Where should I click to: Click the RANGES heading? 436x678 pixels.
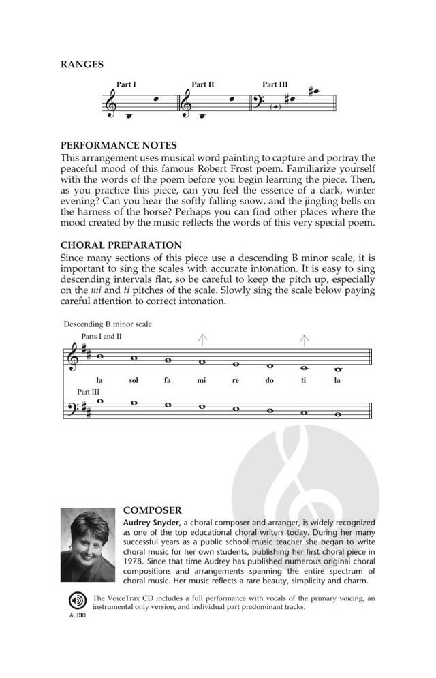click(82, 65)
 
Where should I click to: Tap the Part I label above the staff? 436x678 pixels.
click(127, 85)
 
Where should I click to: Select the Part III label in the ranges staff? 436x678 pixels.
click(275, 85)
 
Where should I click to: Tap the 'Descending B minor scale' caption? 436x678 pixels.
click(108, 324)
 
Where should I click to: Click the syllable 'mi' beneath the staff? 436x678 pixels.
click(201, 380)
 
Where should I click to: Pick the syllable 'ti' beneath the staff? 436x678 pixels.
click(304, 380)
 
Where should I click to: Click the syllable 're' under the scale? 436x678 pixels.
click(236, 380)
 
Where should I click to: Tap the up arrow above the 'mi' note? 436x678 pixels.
click(202, 339)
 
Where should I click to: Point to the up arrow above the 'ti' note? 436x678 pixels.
click(305, 339)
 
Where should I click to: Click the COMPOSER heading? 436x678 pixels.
click(151, 509)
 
